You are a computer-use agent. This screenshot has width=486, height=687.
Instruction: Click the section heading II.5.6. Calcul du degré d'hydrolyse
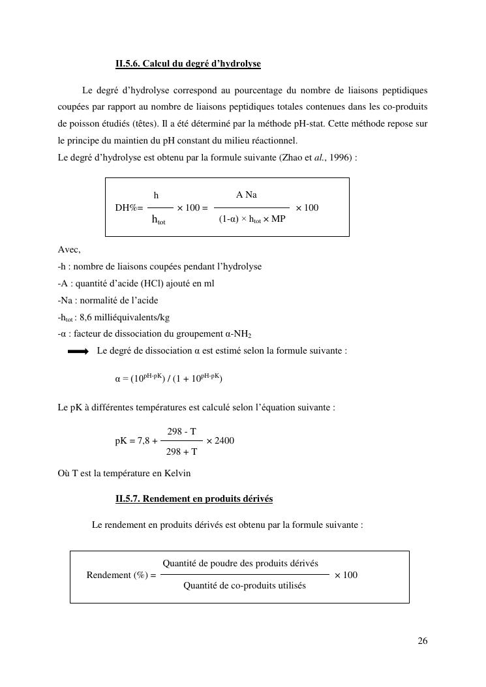(188, 64)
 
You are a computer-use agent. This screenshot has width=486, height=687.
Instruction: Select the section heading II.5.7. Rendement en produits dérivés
(194, 499)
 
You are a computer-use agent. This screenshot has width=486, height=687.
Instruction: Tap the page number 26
(423, 641)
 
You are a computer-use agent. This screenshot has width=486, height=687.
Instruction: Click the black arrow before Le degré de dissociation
(78, 351)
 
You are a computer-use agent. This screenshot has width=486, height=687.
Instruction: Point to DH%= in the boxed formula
(129, 208)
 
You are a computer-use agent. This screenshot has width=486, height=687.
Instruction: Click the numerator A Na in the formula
(247, 195)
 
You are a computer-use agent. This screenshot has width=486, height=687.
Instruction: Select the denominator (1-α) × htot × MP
(252, 219)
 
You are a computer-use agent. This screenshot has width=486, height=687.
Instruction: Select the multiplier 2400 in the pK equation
(224, 441)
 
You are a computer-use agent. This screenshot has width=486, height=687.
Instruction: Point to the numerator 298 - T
(181, 432)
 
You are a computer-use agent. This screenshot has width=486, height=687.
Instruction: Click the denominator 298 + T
(181, 451)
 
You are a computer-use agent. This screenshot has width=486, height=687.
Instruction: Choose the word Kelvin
(177, 473)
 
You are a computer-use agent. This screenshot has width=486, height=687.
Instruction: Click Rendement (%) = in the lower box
(121, 575)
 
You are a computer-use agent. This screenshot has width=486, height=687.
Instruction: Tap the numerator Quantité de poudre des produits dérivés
(240, 564)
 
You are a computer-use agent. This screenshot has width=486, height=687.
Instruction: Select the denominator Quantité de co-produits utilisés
(245, 586)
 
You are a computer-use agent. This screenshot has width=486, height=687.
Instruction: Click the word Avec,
(69, 250)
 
